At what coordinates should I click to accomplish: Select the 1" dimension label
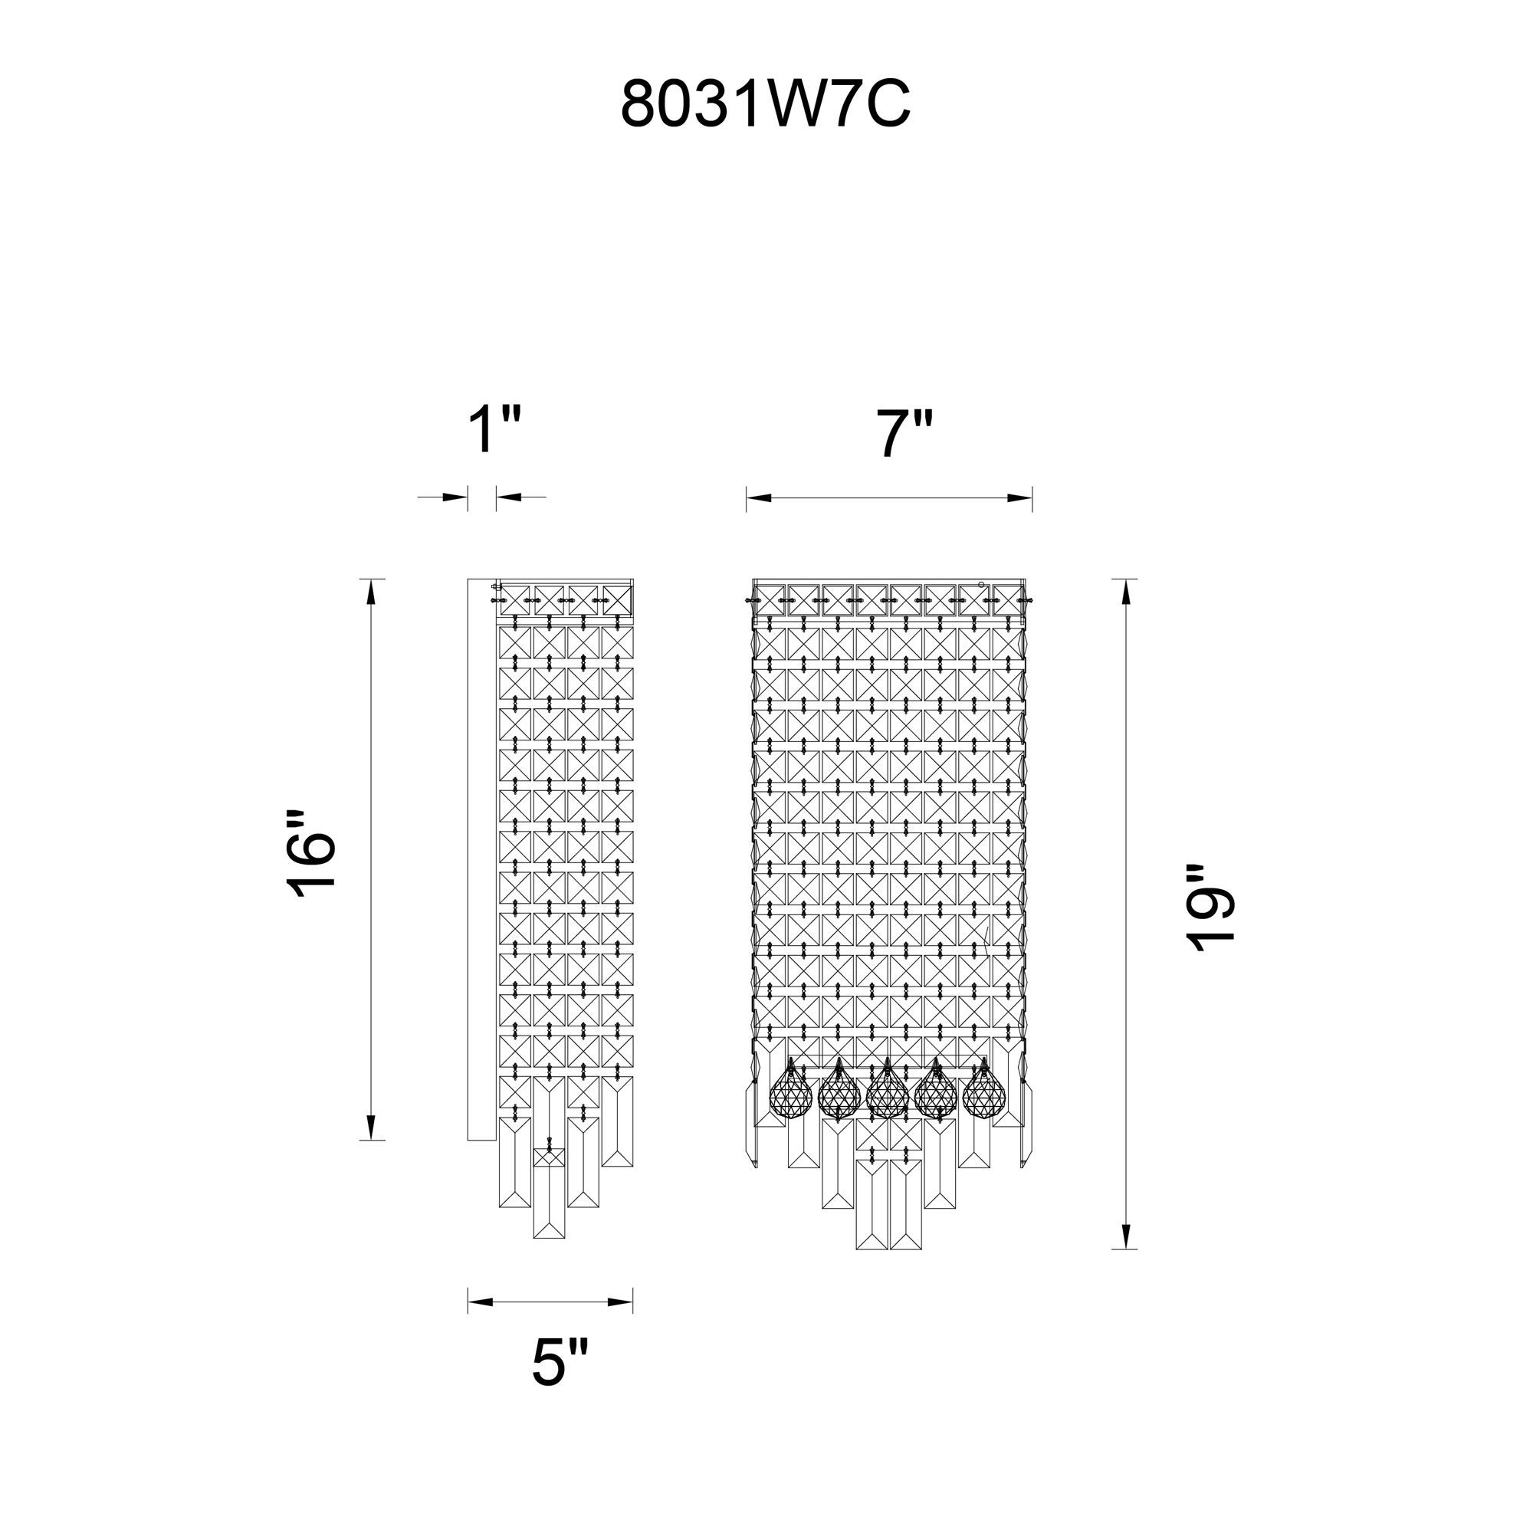point(494,429)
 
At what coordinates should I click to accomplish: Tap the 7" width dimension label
point(904,434)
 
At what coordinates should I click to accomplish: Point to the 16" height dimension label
point(311,855)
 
